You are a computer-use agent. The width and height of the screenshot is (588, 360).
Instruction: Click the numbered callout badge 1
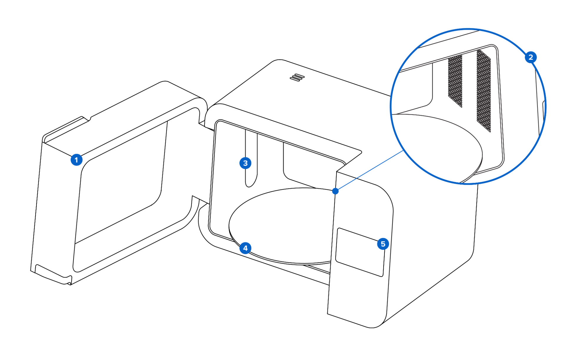click(x=76, y=160)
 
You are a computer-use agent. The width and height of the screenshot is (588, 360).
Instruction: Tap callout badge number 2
click(x=531, y=57)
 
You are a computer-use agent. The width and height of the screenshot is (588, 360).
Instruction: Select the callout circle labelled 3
click(x=245, y=163)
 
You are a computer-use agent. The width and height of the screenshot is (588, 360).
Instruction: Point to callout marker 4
click(x=245, y=248)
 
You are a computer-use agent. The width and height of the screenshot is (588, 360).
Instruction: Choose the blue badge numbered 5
click(x=383, y=244)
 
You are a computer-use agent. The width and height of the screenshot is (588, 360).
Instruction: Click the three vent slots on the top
click(x=297, y=78)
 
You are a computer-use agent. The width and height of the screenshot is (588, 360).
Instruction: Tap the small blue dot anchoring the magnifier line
click(x=335, y=191)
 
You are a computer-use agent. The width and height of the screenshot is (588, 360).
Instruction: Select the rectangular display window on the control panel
click(x=360, y=252)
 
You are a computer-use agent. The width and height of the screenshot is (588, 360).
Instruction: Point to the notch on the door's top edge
click(x=86, y=119)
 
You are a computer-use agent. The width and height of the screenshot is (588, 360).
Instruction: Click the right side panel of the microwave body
click(x=432, y=250)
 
